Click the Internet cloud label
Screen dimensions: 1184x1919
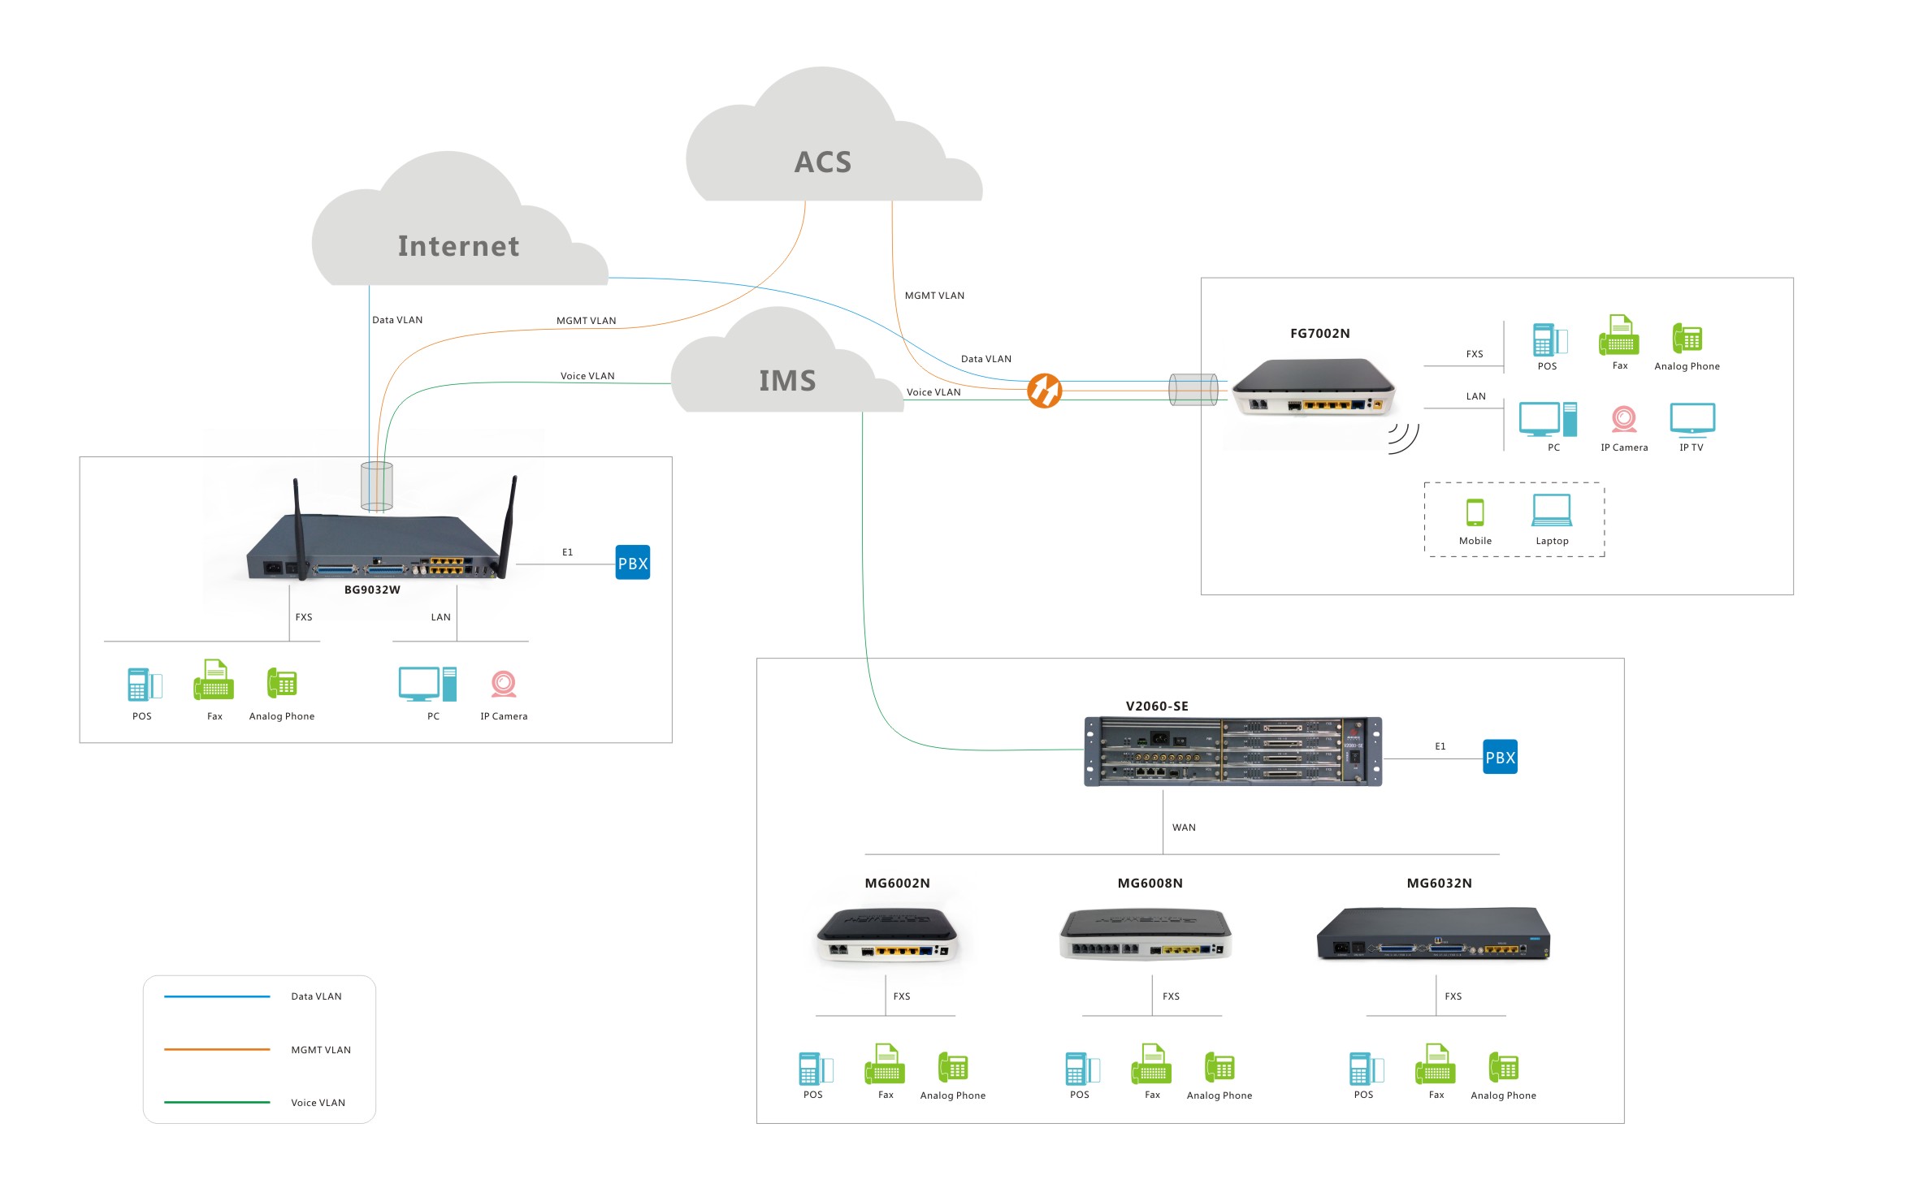point(458,246)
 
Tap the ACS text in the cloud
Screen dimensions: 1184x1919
point(822,162)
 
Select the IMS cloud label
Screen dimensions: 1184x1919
point(786,381)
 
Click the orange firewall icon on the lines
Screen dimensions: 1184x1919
point(1044,391)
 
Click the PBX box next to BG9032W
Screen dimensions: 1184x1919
point(632,563)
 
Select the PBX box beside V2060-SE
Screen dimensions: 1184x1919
point(1500,757)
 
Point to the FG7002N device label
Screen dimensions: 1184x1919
point(1319,333)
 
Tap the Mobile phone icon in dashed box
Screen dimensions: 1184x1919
point(1475,512)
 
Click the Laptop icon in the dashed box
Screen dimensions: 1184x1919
point(1551,511)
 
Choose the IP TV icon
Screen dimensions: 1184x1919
point(1692,419)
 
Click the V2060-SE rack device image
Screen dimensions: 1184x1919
point(1232,751)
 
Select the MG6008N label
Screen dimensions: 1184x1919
point(1150,883)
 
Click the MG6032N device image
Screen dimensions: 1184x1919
point(1433,934)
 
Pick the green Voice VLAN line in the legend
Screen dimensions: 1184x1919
point(217,1102)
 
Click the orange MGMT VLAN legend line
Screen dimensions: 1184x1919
point(217,1049)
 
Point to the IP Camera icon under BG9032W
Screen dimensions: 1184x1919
point(503,685)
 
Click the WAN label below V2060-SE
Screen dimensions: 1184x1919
point(1184,828)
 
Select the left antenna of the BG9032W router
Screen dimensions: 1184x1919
point(298,528)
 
